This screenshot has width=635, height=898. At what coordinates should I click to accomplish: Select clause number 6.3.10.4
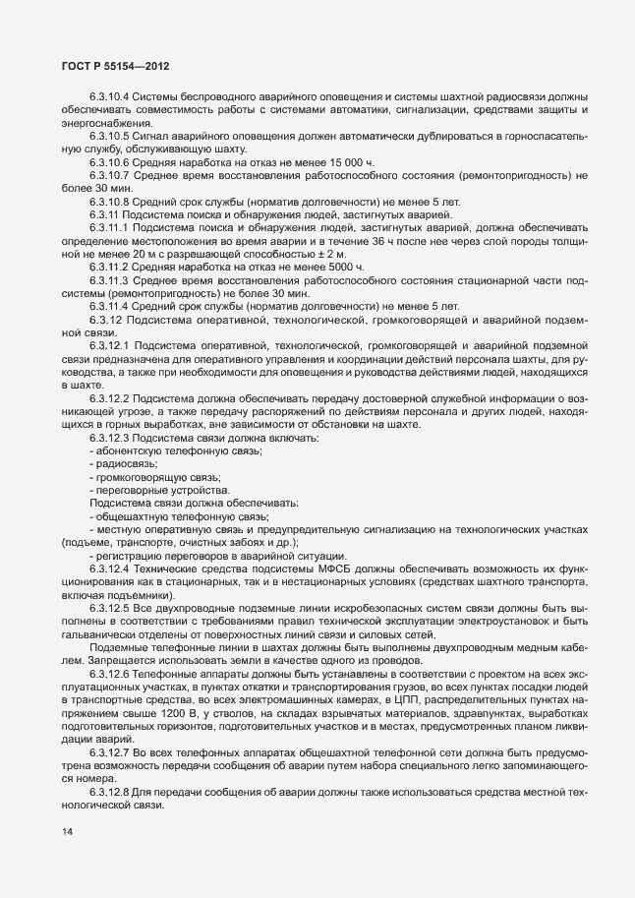click(109, 96)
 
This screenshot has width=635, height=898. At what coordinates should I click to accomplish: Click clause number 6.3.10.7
click(109, 174)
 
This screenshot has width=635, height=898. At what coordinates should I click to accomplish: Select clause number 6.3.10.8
click(109, 201)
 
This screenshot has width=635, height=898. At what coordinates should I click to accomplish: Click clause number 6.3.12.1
click(109, 345)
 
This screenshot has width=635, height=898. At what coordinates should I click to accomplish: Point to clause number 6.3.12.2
click(109, 397)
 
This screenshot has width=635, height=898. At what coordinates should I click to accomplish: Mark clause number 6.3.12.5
click(109, 608)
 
